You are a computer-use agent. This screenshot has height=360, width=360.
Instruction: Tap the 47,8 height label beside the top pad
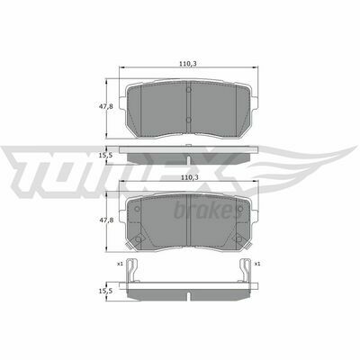pos(106,106)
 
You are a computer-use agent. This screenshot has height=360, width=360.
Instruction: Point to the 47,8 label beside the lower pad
pos(106,220)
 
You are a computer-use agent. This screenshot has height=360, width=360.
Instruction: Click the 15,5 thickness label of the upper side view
pos(106,156)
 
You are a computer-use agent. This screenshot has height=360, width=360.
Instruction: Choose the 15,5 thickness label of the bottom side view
pos(106,291)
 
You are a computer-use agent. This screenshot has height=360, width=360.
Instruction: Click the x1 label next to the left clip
pos(120,264)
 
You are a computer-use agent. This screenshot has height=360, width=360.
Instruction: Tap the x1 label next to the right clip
pos(257,264)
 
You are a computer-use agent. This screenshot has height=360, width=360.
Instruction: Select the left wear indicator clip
pos(132,270)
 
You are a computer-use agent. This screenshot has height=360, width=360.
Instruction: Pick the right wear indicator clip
pos(246,270)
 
